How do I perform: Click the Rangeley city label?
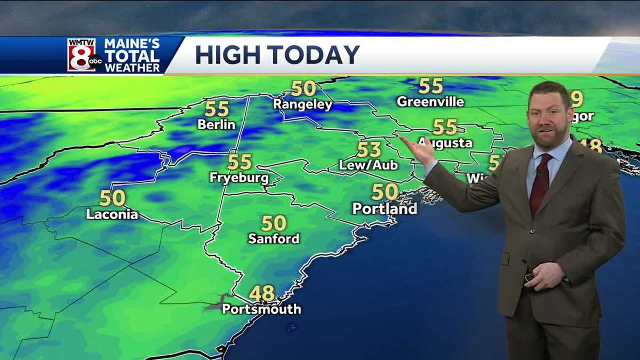(x=303, y=105)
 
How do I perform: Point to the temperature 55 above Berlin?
(x=217, y=109)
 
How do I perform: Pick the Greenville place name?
(x=430, y=101)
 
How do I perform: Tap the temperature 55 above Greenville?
(x=430, y=85)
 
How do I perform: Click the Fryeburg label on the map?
(x=239, y=178)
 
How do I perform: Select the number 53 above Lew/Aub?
(x=369, y=149)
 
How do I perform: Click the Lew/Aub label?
(x=369, y=165)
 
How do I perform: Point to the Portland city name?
(x=385, y=209)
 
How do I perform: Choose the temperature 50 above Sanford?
(x=274, y=223)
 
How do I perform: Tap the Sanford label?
(x=274, y=238)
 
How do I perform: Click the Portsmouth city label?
(x=261, y=309)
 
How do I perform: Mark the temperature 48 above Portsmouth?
(x=262, y=293)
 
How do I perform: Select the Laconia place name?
(x=112, y=214)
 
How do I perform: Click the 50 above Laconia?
(x=112, y=198)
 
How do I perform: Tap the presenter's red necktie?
(x=539, y=184)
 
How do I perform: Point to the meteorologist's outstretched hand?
(x=419, y=150)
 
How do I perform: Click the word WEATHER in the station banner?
(x=132, y=67)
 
